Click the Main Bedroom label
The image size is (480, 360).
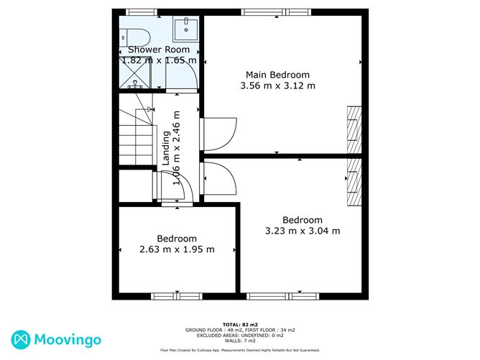pyautogui.click(x=277, y=75)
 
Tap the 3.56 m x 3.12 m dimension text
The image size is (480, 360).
pyautogui.click(x=277, y=86)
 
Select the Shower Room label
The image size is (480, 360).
pyautogui.click(x=159, y=50)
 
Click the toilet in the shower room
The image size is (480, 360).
pyautogui.click(x=134, y=37)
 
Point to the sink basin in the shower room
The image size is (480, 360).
pyautogui.click(x=186, y=29)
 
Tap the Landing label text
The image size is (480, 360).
pyautogui.click(x=165, y=148)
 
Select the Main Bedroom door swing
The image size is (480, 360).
pyautogui.click(x=218, y=134)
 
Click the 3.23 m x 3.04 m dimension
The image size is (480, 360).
pyautogui.click(x=303, y=231)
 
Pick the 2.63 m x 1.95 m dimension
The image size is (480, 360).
pyautogui.click(x=177, y=249)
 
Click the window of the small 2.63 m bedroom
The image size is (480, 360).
pyautogui.click(x=177, y=296)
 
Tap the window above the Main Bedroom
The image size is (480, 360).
pyautogui.click(x=276, y=12)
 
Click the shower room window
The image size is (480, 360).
pyautogui.click(x=142, y=12)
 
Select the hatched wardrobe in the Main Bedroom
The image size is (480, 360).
pyautogui.click(x=354, y=129)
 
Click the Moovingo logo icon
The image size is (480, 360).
pyautogui.click(x=21, y=340)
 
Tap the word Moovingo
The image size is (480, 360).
pyautogui.click(x=68, y=340)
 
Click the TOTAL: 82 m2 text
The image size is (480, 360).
pyautogui.click(x=240, y=325)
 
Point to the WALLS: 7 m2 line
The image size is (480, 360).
pyautogui.click(x=240, y=341)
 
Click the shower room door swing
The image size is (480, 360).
pyautogui.click(x=181, y=74)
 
